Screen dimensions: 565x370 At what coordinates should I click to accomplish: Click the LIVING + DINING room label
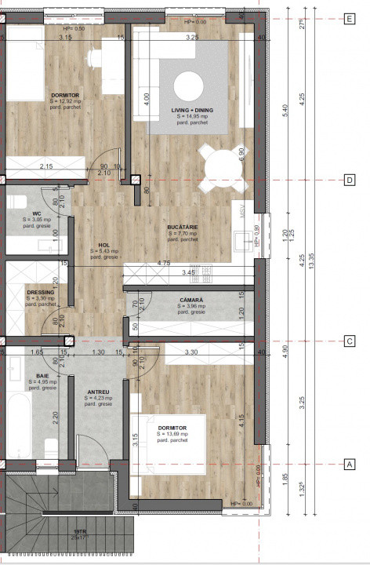tap(192, 111)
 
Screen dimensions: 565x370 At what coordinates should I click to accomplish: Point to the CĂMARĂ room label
tap(190, 300)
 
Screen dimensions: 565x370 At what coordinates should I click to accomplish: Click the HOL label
tap(103, 244)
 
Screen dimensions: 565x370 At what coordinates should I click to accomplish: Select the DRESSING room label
tap(40, 292)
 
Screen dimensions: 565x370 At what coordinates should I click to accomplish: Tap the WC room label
tap(37, 214)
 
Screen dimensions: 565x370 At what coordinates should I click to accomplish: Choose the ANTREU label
tap(98, 392)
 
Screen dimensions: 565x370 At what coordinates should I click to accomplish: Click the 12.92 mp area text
tap(43, 102)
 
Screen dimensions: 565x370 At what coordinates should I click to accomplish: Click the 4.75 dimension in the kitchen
tap(164, 263)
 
